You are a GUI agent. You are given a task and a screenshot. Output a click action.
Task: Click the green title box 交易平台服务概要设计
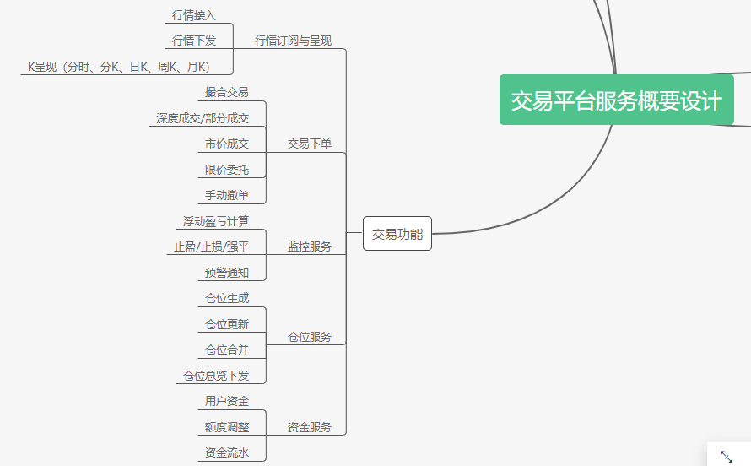click(616, 100)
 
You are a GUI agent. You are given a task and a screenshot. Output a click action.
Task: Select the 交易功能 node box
click(397, 234)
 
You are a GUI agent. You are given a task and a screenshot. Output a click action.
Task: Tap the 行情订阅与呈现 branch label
click(293, 41)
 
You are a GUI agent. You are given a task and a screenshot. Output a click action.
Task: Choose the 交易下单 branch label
click(310, 144)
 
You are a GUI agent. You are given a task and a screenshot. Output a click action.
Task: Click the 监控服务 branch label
click(310, 247)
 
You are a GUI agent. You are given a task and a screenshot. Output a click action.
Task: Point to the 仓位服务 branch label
click(310, 337)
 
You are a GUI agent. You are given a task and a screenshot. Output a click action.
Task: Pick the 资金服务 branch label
click(310, 427)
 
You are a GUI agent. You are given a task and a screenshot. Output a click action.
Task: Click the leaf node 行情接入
click(193, 15)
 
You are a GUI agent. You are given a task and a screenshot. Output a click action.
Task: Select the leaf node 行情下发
click(193, 41)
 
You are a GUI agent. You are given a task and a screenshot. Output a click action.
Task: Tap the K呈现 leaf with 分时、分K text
click(119, 67)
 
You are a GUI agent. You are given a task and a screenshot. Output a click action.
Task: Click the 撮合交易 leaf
click(227, 92)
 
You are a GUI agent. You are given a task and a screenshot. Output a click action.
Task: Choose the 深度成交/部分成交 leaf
click(203, 118)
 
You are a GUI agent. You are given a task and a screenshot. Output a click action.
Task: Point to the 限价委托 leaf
click(227, 170)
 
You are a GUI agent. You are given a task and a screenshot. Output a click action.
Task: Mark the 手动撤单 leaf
click(227, 195)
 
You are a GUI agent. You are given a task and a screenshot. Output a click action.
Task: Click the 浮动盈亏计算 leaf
click(216, 221)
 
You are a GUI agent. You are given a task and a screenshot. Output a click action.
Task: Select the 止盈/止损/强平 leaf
click(211, 247)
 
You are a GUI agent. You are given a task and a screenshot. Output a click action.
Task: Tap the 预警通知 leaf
click(227, 273)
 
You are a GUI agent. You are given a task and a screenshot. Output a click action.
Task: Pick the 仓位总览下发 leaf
click(216, 376)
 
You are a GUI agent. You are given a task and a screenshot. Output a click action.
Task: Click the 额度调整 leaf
click(227, 427)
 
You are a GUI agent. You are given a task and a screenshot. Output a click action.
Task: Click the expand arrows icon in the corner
click(727, 456)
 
